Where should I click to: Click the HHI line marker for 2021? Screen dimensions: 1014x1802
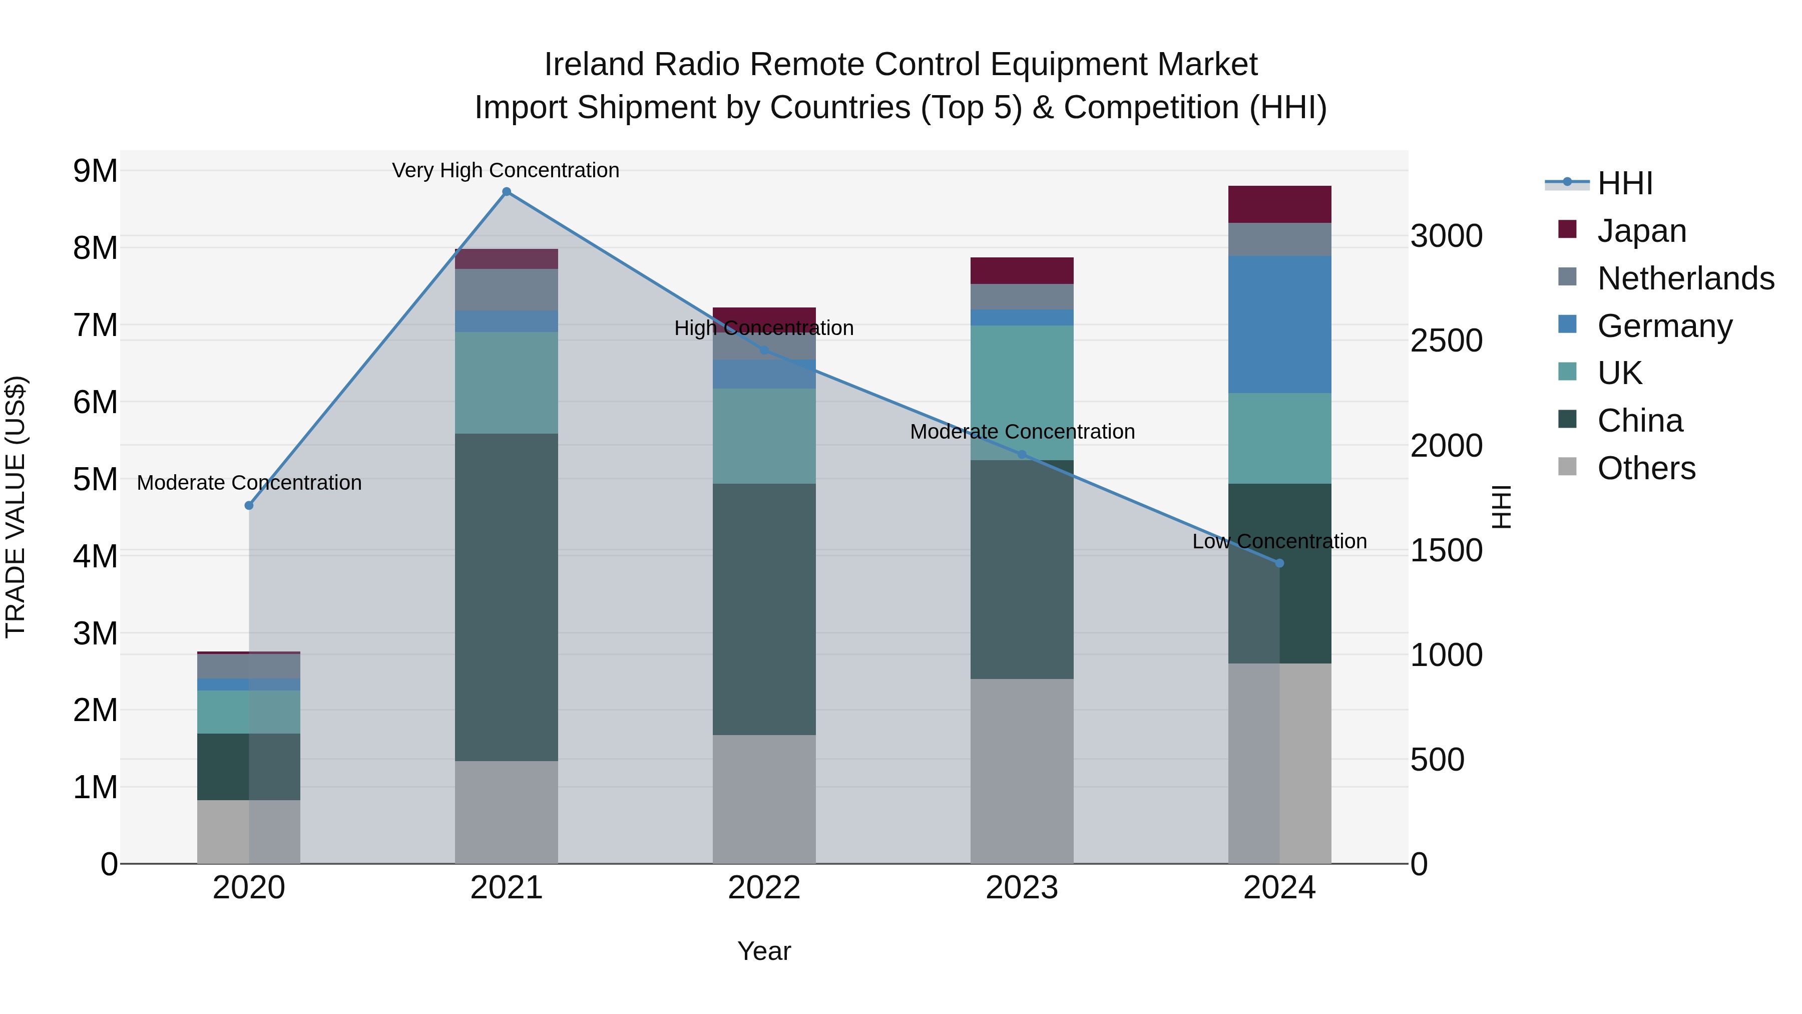(507, 192)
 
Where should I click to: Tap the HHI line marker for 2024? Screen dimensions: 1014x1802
(1279, 563)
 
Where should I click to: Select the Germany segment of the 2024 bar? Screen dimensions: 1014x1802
(1279, 324)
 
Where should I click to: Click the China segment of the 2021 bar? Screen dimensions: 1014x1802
(507, 597)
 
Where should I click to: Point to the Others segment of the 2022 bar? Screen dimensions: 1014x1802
(764, 799)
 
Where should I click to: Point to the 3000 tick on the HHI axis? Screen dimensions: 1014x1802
(1445, 236)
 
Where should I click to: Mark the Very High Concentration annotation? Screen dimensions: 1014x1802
(505, 171)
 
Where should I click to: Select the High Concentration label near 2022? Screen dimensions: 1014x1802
(764, 328)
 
